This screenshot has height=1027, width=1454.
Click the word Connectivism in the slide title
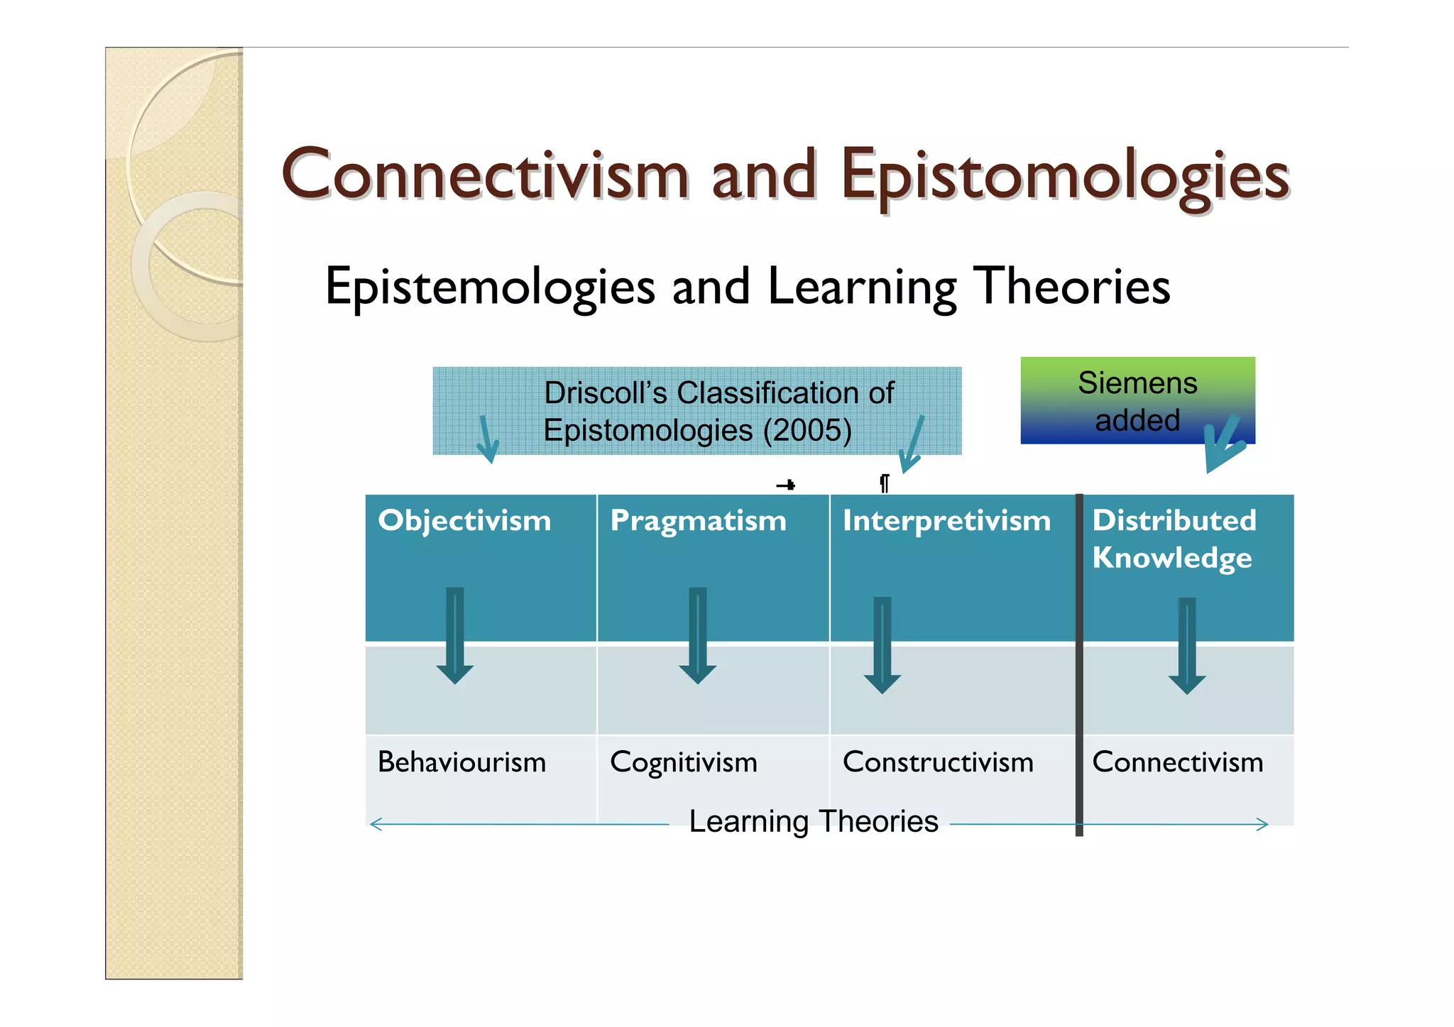pos(485,174)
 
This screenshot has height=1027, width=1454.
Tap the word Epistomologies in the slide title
pos(1064,175)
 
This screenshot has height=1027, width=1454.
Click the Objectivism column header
pos(464,521)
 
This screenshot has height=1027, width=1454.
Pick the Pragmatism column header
pos(698,521)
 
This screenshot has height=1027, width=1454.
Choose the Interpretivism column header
pos(946,521)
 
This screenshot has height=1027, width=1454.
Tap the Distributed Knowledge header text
pos(1174,539)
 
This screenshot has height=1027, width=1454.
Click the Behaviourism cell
pos(461,762)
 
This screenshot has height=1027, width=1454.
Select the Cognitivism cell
pos(683,763)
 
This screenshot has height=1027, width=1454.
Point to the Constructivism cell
pos(937,762)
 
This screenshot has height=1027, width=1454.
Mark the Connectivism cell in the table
pos(1177,762)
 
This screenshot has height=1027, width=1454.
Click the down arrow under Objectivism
pos(455,635)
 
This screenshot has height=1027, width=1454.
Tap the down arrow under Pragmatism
pos(698,635)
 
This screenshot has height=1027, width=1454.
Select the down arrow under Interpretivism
pos(882,644)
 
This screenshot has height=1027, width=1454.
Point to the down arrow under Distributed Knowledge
pos(1187,645)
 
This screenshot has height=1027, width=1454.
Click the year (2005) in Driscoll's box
pos(807,430)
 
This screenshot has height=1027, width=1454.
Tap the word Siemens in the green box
pos(1137,383)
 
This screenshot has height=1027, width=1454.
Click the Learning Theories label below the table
pos(814,821)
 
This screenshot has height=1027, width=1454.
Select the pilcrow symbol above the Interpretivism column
pos(884,483)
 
